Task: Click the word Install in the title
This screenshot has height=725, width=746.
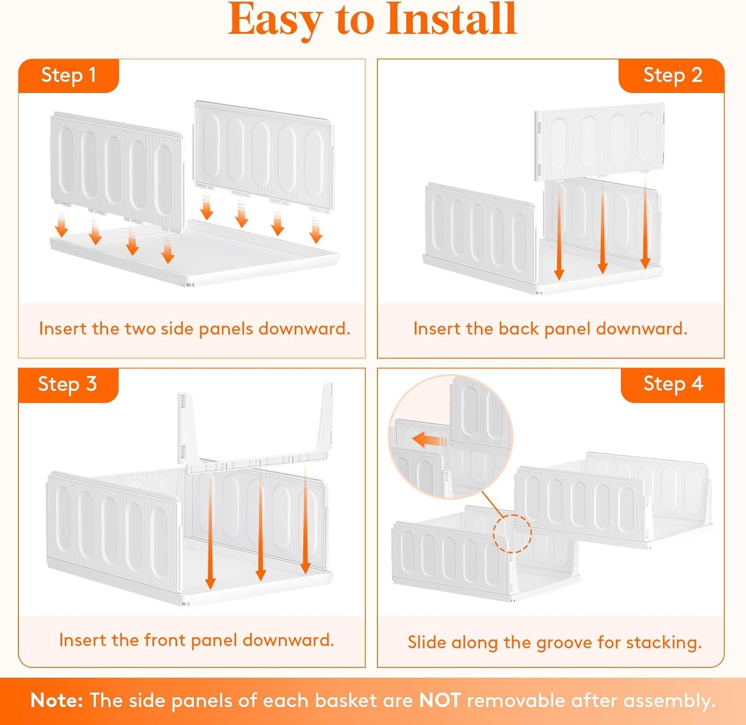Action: coord(452,20)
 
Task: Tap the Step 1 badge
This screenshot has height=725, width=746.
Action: coord(68,75)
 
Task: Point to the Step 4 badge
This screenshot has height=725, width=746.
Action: coord(673,384)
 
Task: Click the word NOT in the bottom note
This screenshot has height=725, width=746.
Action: coord(440,700)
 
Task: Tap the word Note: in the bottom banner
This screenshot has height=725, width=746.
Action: coord(57,700)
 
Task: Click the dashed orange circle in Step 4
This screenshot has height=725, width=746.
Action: coord(512,533)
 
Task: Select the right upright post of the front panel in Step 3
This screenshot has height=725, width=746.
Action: coord(326,420)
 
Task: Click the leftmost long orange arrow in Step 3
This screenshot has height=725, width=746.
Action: coord(210,532)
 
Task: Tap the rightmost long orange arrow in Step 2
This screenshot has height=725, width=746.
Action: coord(646,224)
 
